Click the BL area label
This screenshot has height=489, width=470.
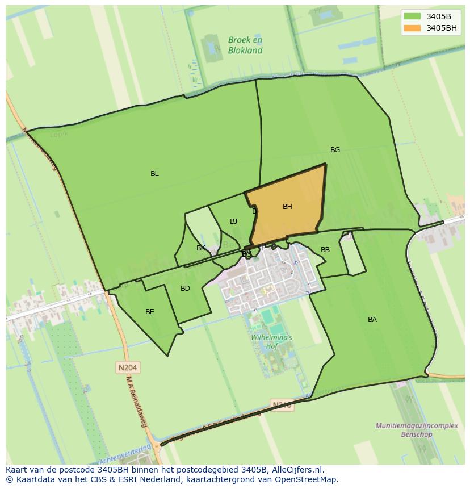(x=154, y=174)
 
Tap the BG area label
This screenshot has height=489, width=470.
(x=335, y=150)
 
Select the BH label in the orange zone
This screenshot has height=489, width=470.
(x=287, y=207)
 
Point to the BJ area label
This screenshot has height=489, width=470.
(x=233, y=221)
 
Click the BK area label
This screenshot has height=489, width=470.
(x=200, y=248)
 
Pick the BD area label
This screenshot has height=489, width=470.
(x=185, y=289)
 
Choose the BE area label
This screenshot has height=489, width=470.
(x=149, y=312)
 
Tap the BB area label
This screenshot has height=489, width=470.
(x=325, y=250)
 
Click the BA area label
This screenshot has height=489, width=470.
(x=372, y=320)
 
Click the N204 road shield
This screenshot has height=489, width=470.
(x=128, y=367)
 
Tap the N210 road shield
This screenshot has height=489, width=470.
(x=282, y=405)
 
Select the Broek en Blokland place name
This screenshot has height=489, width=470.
(x=245, y=45)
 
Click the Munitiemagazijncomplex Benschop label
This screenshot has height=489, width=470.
(x=404, y=430)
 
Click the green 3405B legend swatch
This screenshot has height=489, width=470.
(x=412, y=16)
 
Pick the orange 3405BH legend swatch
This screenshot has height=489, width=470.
(x=412, y=28)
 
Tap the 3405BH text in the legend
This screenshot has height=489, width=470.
(x=442, y=28)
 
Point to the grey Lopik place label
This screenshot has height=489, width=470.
(x=58, y=134)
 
